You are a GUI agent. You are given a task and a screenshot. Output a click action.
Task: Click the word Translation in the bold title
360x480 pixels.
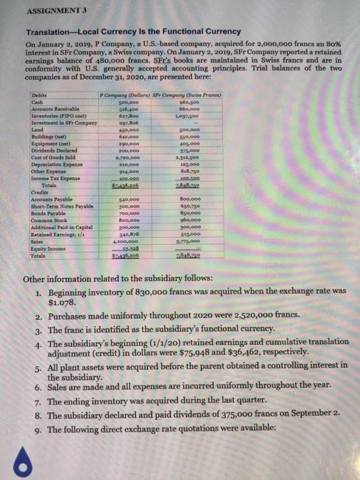[48, 31]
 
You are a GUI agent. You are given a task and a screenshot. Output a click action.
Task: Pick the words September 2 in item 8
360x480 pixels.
[312, 415]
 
